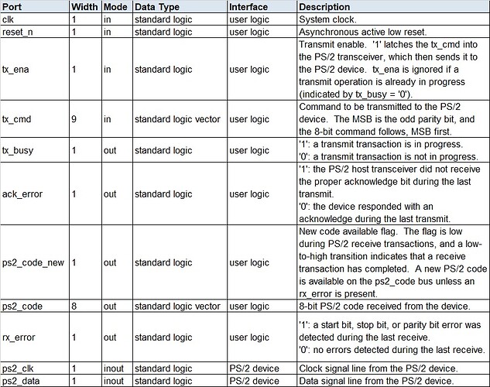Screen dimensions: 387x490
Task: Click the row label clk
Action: (x=10, y=19)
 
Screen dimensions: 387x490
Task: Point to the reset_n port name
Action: (x=19, y=32)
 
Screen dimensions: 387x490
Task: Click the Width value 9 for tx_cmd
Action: (x=74, y=120)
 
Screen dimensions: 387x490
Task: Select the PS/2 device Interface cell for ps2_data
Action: (x=253, y=381)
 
